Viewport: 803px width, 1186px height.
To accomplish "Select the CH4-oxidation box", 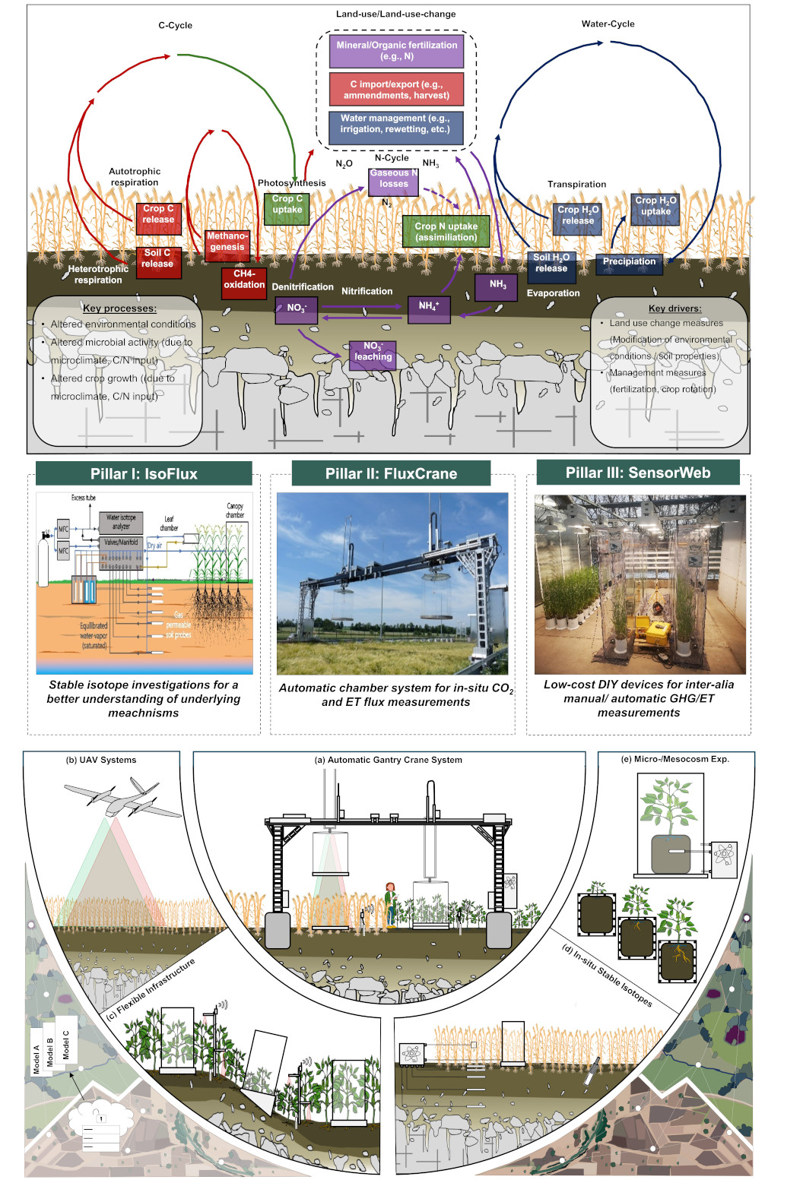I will coord(244,280).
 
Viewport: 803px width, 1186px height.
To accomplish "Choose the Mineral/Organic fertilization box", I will coord(397,51).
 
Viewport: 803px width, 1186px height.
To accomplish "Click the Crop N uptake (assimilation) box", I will coord(446,232).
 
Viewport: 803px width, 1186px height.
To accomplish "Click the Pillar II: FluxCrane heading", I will coord(391,474).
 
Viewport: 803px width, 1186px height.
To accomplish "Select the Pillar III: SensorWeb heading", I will coord(638,473).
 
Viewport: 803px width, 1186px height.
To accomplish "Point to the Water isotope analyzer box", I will coord(121,522).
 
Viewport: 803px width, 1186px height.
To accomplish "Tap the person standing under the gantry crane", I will coord(391,903).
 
